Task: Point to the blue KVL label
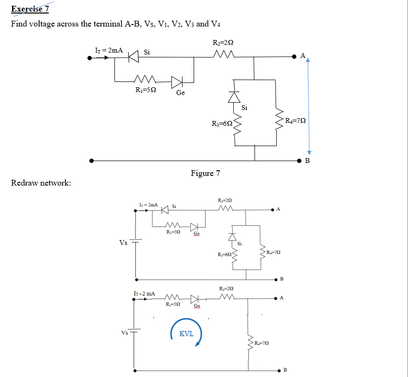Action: click(186, 333)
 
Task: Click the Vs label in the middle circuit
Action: click(124, 242)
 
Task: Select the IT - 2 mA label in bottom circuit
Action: click(144, 293)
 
